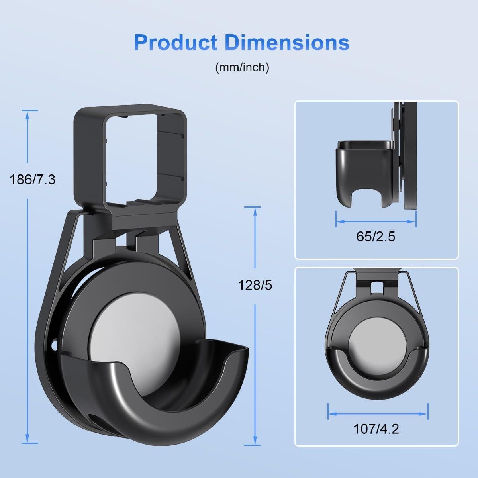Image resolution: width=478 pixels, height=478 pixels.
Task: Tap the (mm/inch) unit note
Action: click(242, 68)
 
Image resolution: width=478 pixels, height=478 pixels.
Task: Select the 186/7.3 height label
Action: click(33, 180)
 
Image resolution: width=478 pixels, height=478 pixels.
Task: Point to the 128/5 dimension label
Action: click(255, 285)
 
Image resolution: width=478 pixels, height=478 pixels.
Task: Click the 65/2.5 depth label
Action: click(376, 237)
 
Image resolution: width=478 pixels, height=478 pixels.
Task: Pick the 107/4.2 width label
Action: click(376, 429)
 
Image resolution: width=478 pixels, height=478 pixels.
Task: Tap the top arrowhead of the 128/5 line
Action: click(255, 211)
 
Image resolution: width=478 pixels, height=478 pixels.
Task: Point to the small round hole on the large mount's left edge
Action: click(54, 343)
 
